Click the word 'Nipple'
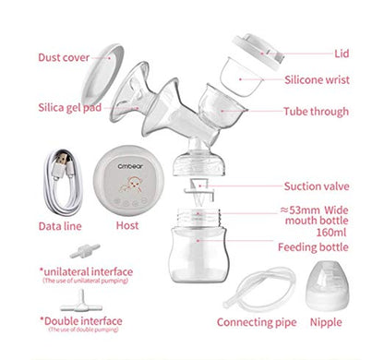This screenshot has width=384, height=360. point(340,322)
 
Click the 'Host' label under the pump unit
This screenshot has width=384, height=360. point(127,224)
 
